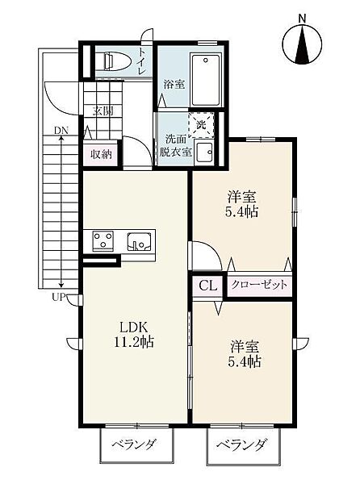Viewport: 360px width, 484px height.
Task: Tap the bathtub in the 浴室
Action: point(206,80)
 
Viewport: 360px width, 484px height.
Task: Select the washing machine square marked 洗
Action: point(201,125)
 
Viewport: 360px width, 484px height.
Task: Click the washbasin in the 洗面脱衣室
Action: point(203,152)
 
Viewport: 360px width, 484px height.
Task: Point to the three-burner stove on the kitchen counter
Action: point(103,240)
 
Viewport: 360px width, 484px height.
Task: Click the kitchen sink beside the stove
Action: point(140,240)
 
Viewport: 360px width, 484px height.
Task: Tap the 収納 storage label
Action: point(101,154)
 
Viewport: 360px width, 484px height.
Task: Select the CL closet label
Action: point(207,286)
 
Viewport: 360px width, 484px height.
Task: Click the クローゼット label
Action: point(259,284)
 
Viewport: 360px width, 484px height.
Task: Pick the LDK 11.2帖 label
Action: point(134,334)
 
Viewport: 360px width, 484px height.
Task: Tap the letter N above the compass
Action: point(302,19)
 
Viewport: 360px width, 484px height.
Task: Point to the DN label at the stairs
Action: point(61,131)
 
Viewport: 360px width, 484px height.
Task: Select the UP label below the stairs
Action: point(59,298)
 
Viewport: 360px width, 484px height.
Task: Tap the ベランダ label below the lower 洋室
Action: point(241,445)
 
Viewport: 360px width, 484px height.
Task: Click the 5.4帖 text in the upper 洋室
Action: point(242,211)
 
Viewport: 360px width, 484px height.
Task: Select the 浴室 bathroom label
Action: point(174,84)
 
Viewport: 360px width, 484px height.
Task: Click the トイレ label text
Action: point(142,60)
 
